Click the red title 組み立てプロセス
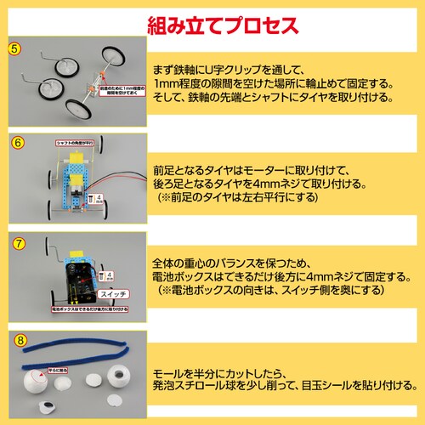pos(223,19)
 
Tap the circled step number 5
pos(13,48)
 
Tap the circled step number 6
pos(13,143)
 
